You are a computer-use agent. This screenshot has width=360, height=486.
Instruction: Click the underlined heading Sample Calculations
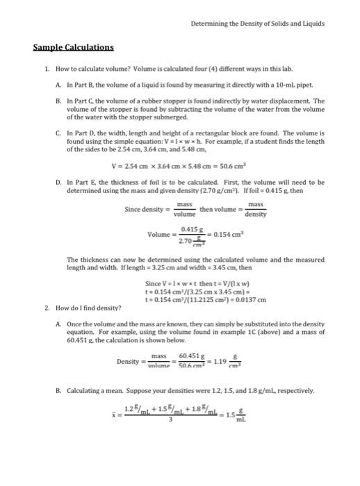pos(74,48)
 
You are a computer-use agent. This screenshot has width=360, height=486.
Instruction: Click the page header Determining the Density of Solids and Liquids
pos(257,23)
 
